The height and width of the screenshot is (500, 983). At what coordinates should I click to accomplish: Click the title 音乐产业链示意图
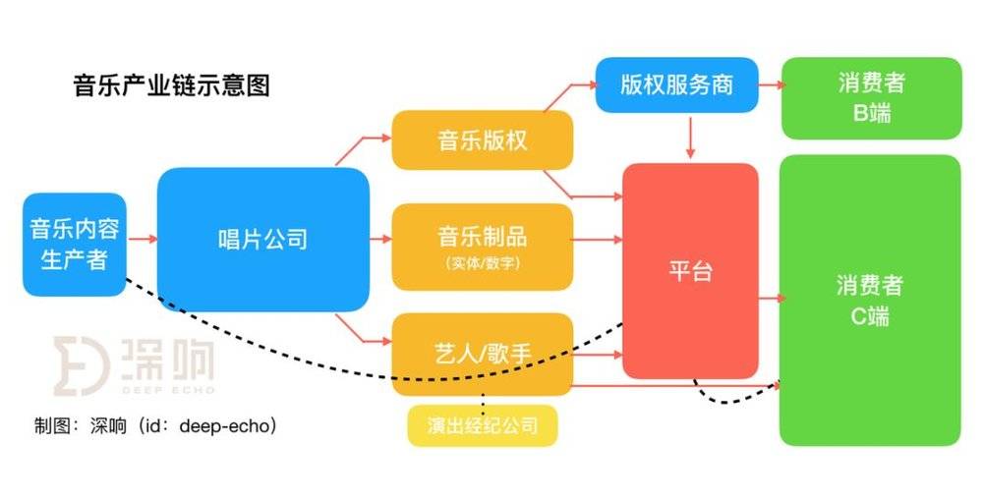(171, 85)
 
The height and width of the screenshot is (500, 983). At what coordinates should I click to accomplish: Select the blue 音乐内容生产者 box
(75, 245)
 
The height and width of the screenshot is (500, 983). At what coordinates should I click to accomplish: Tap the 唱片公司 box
(263, 240)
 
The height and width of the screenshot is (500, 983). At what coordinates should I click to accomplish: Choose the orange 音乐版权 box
(482, 140)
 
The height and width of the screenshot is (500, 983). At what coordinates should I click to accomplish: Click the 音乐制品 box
(482, 247)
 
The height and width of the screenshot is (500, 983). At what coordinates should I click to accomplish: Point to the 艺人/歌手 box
(482, 355)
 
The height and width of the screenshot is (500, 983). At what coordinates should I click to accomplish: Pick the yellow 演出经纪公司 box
(482, 426)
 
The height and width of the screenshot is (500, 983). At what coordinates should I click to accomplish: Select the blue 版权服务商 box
(676, 85)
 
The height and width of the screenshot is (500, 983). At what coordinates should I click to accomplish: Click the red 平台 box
(690, 271)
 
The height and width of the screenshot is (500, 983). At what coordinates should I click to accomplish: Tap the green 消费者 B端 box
(871, 98)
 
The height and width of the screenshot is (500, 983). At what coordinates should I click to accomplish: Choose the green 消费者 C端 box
(870, 301)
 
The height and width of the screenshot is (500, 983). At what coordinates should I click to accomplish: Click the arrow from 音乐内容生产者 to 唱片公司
(143, 239)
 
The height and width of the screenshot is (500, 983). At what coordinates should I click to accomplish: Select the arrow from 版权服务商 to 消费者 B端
(771, 84)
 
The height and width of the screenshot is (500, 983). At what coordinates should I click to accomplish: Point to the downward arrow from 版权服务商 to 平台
(690, 136)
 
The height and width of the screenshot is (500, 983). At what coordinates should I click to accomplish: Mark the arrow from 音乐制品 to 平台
(598, 240)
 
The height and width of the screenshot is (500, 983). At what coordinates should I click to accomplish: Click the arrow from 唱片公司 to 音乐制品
(380, 239)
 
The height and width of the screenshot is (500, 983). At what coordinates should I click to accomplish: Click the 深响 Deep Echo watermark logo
(134, 366)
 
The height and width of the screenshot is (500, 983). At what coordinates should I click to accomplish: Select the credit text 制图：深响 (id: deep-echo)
(155, 426)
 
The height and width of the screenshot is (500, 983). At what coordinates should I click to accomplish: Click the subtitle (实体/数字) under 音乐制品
(482, 263)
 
